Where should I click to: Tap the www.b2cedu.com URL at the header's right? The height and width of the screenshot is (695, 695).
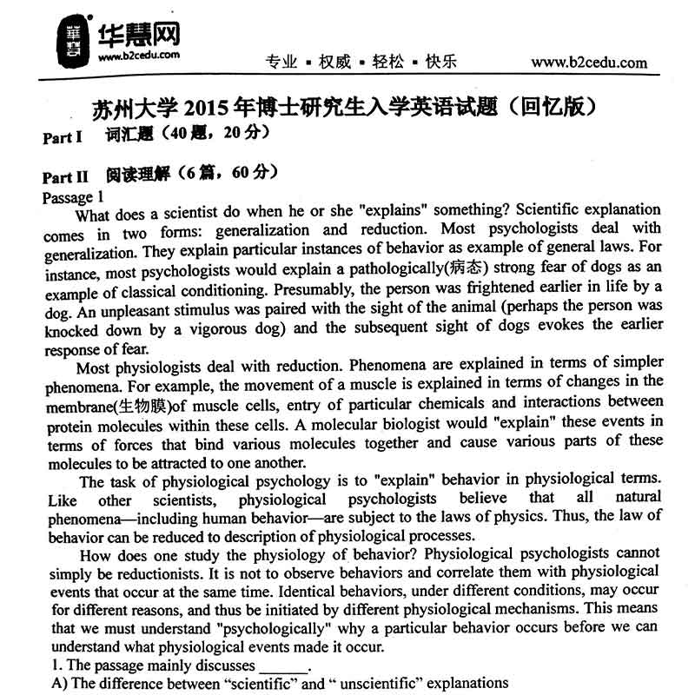[589, 62]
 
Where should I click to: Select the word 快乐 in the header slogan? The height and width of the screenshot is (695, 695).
[440, 62]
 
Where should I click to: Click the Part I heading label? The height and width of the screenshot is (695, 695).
[62, 137]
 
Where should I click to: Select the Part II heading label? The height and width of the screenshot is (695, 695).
[65, 175]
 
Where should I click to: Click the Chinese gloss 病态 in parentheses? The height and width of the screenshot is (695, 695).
[474, 266]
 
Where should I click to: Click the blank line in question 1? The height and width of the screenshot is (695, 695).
[283, 665]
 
